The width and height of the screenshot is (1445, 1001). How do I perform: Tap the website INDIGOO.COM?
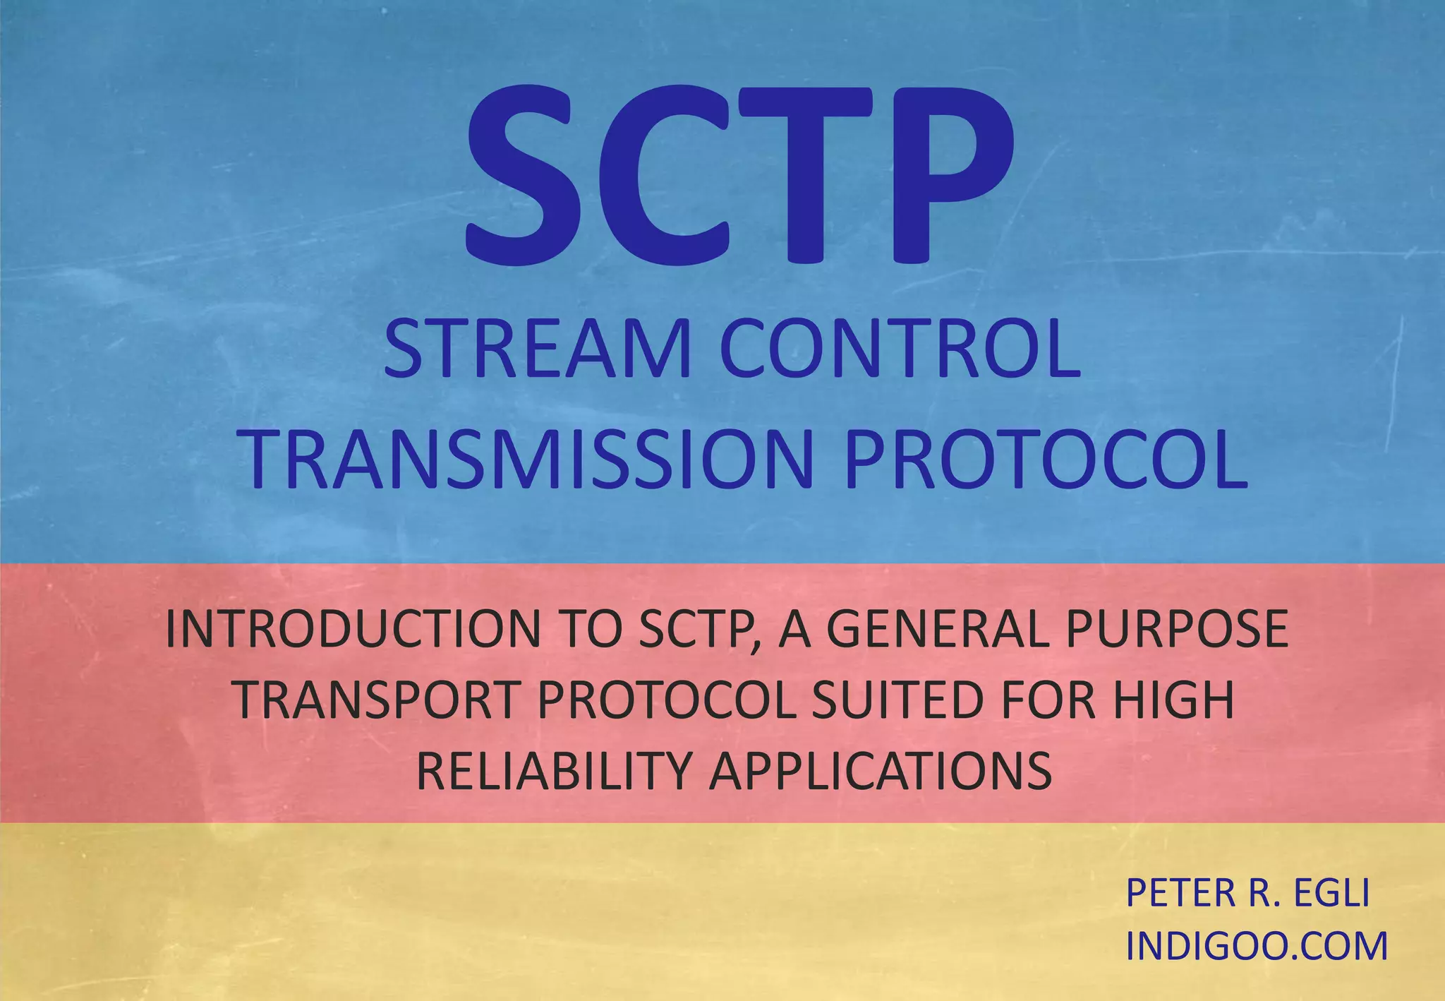[x=1257, y=946]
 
